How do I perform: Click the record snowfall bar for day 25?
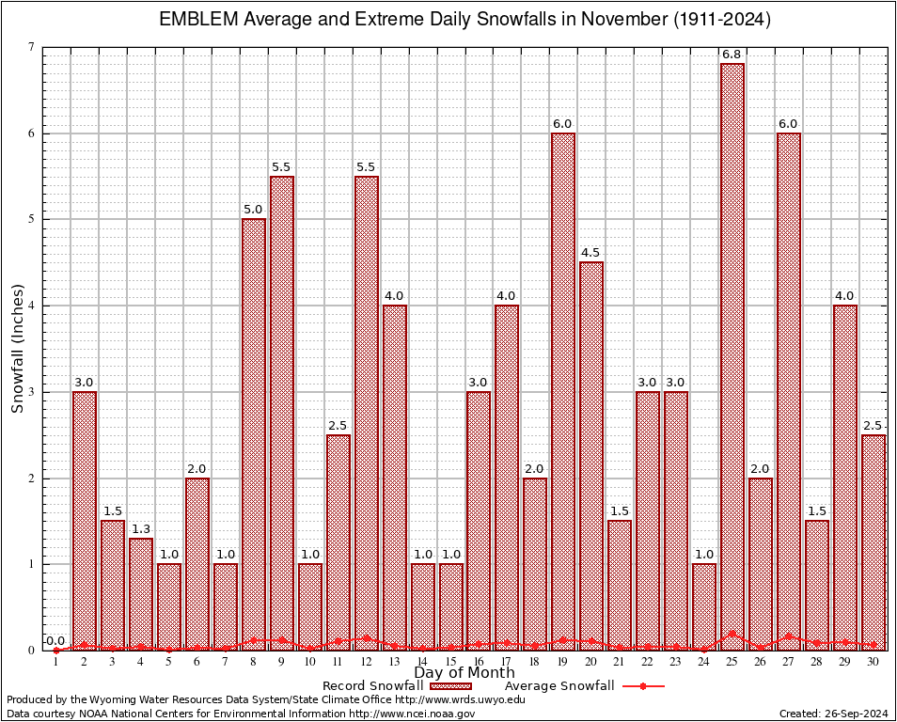732,357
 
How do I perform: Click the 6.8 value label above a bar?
732,55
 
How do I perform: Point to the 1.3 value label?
141,529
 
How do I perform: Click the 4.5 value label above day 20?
591,253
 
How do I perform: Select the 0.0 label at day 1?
56,641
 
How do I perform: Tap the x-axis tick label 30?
873,662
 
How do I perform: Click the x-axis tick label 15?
451,662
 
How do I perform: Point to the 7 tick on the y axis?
31,47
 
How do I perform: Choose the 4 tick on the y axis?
31,306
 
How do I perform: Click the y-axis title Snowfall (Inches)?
18,348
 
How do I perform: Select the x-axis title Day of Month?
464,673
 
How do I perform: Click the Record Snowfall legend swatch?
450,686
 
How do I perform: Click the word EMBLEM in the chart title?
198,20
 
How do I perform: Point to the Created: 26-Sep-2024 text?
833,714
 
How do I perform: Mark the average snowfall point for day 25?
732,634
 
